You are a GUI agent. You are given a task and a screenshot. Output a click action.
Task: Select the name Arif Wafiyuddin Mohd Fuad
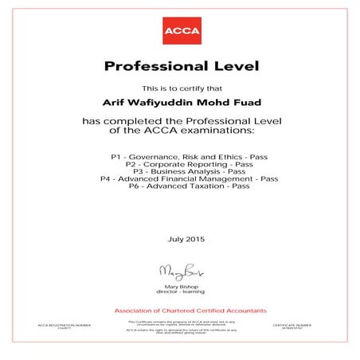pyautogui.click(x=179, y=102)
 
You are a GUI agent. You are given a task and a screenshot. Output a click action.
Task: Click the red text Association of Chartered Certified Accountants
pyautogui.click(x=179, y=309)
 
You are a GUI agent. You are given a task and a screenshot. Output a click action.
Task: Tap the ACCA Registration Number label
pyautogui.click(x=59, y=327)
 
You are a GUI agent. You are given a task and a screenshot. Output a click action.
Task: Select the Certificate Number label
pyautogui.click(x=301, y=327)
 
